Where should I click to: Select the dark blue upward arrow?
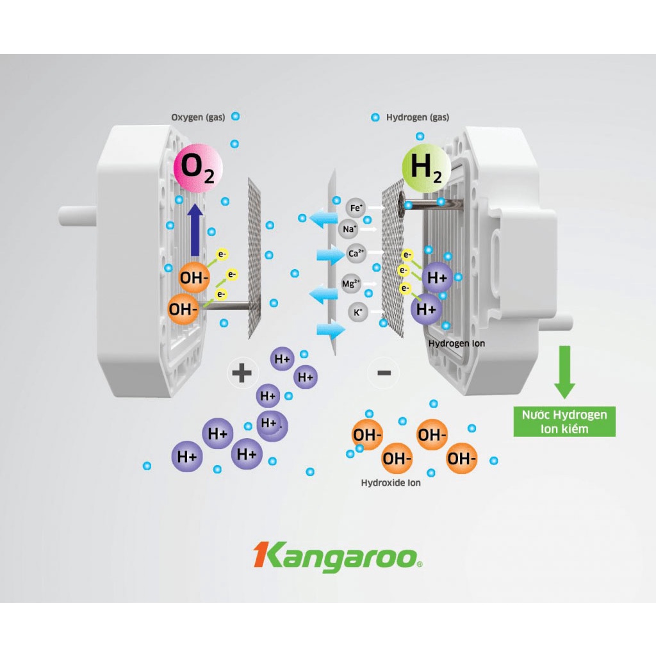point(196,228)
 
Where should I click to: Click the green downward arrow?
point(564,372)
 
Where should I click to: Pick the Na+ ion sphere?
point(349,229)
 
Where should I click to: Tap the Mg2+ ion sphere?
point(351,283)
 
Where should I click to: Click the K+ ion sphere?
point(357,313)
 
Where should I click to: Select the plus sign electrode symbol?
point(242,372)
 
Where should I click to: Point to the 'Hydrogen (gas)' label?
point(418,117)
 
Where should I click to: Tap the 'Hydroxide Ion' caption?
point(391,482)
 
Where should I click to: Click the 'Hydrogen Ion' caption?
point(457,343)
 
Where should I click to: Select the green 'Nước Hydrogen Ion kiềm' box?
point(564,421)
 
